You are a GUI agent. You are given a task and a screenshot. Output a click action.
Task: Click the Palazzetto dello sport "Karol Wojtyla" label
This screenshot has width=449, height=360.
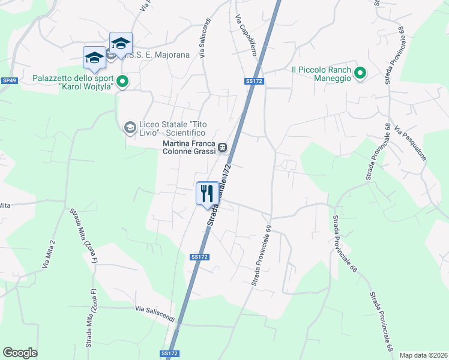point(72,82)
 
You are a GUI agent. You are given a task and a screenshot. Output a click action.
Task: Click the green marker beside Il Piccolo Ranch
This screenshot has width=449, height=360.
point(360,73)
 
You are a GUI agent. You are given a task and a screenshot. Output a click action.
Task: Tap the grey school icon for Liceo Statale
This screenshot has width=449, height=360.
point(129,127)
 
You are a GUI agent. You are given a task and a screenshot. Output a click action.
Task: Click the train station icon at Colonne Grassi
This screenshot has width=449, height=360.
point(222,146)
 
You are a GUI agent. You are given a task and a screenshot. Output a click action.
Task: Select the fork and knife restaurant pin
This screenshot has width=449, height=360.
point(207,193)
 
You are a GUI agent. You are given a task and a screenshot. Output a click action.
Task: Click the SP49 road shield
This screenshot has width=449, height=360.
point(8,80)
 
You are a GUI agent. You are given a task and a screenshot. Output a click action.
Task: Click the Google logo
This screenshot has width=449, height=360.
point(20,353)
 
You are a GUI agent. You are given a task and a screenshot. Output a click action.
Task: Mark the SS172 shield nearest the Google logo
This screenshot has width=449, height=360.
point(170,354)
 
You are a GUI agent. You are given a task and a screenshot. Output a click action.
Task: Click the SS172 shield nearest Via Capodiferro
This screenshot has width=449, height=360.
point(254,80)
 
